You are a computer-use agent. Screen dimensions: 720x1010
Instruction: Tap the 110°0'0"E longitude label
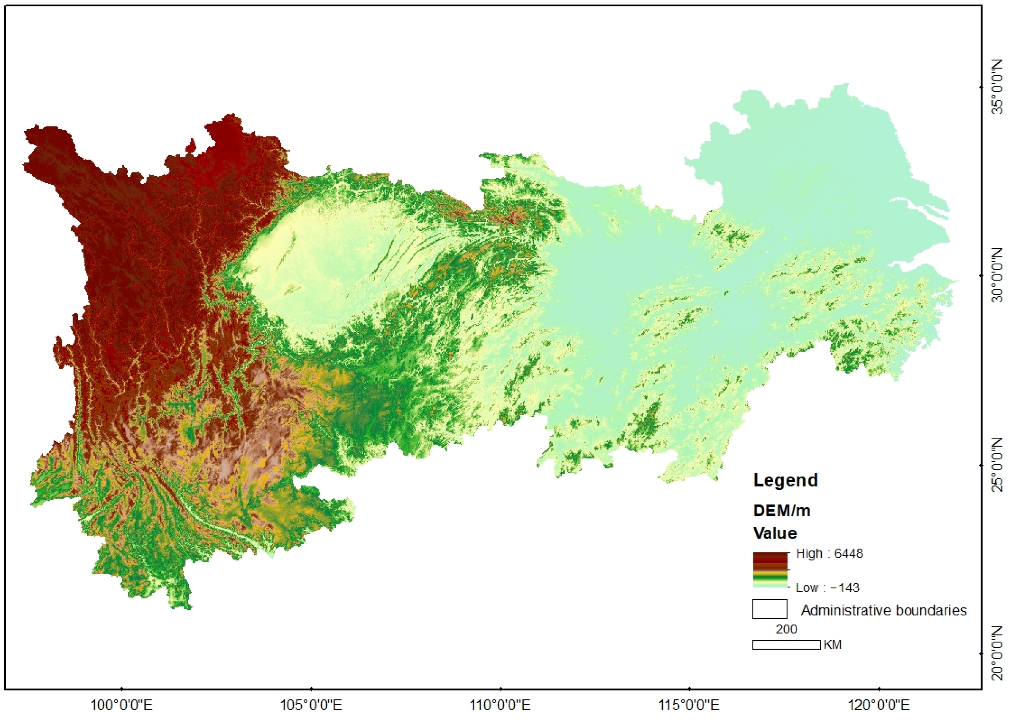pyautogui.click(x=500, y=705)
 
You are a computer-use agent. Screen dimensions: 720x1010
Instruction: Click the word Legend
pyautogui.click(x=786, y=481)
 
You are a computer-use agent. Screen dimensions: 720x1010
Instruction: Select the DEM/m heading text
pyautogui.click(x=782, y=511)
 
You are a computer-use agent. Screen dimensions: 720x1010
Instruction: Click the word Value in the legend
pyautogui.click(x=775, y=533)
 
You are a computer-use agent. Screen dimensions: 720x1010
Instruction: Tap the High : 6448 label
pyautogui.click(x=829, y=553)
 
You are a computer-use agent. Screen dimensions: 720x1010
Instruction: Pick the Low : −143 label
pyautogui.click(x=827, y=588)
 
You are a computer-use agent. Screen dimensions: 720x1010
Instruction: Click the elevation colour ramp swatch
pyautogui.click(x=770, y=570)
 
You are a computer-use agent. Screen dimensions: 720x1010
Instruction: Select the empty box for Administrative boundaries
pyautogui.click(x=770, y=609)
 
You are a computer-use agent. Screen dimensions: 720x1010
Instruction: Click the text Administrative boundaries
pyautogui.click(x=884, y=611)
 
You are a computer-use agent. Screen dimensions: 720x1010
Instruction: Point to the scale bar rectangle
pyautogui.click(x=786, y=645)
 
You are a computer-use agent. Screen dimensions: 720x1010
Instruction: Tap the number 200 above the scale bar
pyautogui.click(x=786, y=629)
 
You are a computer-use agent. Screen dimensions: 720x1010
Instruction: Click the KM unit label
pyautogui.click(x=833, y=645)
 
